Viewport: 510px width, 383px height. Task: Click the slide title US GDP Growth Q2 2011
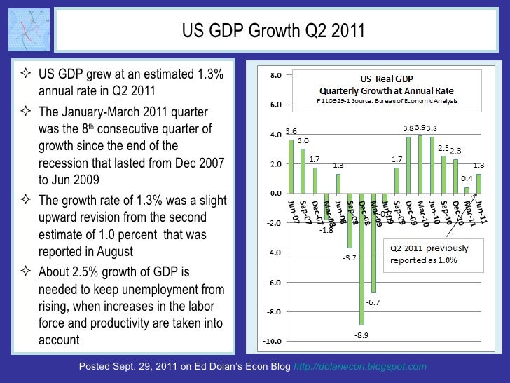click(273, 31)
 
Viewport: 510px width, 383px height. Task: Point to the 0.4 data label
click(467, 179)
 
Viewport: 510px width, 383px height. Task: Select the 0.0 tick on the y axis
click(276, 194)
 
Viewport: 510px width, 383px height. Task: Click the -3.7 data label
click(349, 258)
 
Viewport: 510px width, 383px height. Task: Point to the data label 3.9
click(420, 127)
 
